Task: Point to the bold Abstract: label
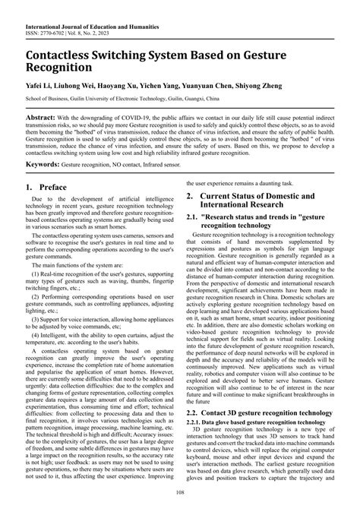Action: [45, 120]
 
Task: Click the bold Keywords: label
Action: [47, 185]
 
